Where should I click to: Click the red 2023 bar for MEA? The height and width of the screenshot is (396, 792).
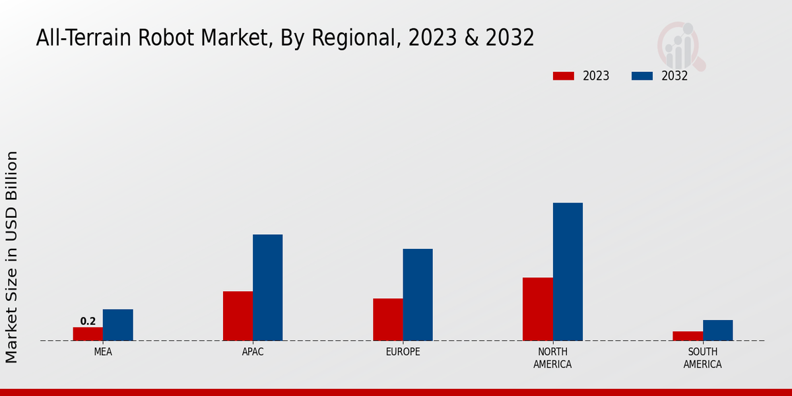88,334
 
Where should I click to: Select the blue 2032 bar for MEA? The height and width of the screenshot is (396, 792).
117,325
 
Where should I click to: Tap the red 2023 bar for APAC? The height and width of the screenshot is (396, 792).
238,316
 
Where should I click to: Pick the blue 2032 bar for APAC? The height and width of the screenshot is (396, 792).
267,288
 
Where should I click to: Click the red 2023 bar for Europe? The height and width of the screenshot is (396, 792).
387,319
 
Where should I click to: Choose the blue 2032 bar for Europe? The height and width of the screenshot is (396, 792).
418,295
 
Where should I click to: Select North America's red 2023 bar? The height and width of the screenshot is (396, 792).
537,309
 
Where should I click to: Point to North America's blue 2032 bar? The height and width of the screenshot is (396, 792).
568,272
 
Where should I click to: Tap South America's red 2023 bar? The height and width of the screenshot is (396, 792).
687,336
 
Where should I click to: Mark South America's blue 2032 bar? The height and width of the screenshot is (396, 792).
717,330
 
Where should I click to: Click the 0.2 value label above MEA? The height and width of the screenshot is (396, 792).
88,321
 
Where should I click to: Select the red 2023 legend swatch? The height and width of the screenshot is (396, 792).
563,76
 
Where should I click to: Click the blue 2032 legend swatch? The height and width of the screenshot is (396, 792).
642,76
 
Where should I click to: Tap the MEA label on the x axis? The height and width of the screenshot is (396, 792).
103,352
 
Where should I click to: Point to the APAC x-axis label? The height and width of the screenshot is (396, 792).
253,352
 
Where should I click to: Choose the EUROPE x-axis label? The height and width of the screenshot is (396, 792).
403,352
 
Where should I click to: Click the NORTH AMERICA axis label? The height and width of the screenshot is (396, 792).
552,358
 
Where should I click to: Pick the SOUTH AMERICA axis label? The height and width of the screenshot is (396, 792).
702,358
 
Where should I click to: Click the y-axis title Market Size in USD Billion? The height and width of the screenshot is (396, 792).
12,257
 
